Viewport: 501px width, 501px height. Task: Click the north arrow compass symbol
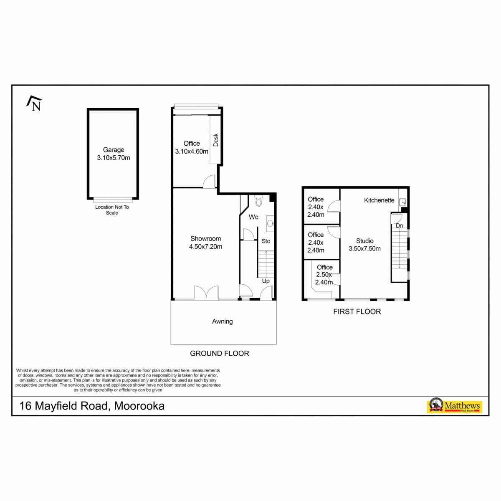(x=35, y=104)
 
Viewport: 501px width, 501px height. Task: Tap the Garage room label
(x=114, y=150)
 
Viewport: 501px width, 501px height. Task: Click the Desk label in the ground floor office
(x=215, y=140)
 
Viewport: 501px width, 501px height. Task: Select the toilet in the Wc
(x=258, y=201)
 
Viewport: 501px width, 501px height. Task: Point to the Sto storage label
(x=266, y=241)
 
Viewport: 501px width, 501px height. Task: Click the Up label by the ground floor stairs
(x=266, y=281)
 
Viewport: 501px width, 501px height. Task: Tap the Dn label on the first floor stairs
(x=399, y=226)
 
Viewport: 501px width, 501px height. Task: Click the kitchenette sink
(x=403, y=201)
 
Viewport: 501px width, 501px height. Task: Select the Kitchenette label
(x=379, y=200)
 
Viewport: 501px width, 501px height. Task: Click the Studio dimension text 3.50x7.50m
(x=364, y=248)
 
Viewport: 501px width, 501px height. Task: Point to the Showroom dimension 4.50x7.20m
(x=206, y=246)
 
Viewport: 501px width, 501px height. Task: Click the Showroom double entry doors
(x=206, y=293)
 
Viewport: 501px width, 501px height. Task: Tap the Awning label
(x=222, y=321)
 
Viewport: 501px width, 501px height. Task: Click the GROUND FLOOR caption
(x=220, y=353)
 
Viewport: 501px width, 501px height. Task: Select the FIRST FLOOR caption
(x=357, y=311)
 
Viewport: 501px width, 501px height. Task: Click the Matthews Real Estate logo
(x=454, y=406)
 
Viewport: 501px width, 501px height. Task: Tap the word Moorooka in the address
(x=139, y=406)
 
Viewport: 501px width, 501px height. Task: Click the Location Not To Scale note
(x=112, y=210)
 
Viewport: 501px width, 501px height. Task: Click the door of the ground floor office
(x=209, y=181)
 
